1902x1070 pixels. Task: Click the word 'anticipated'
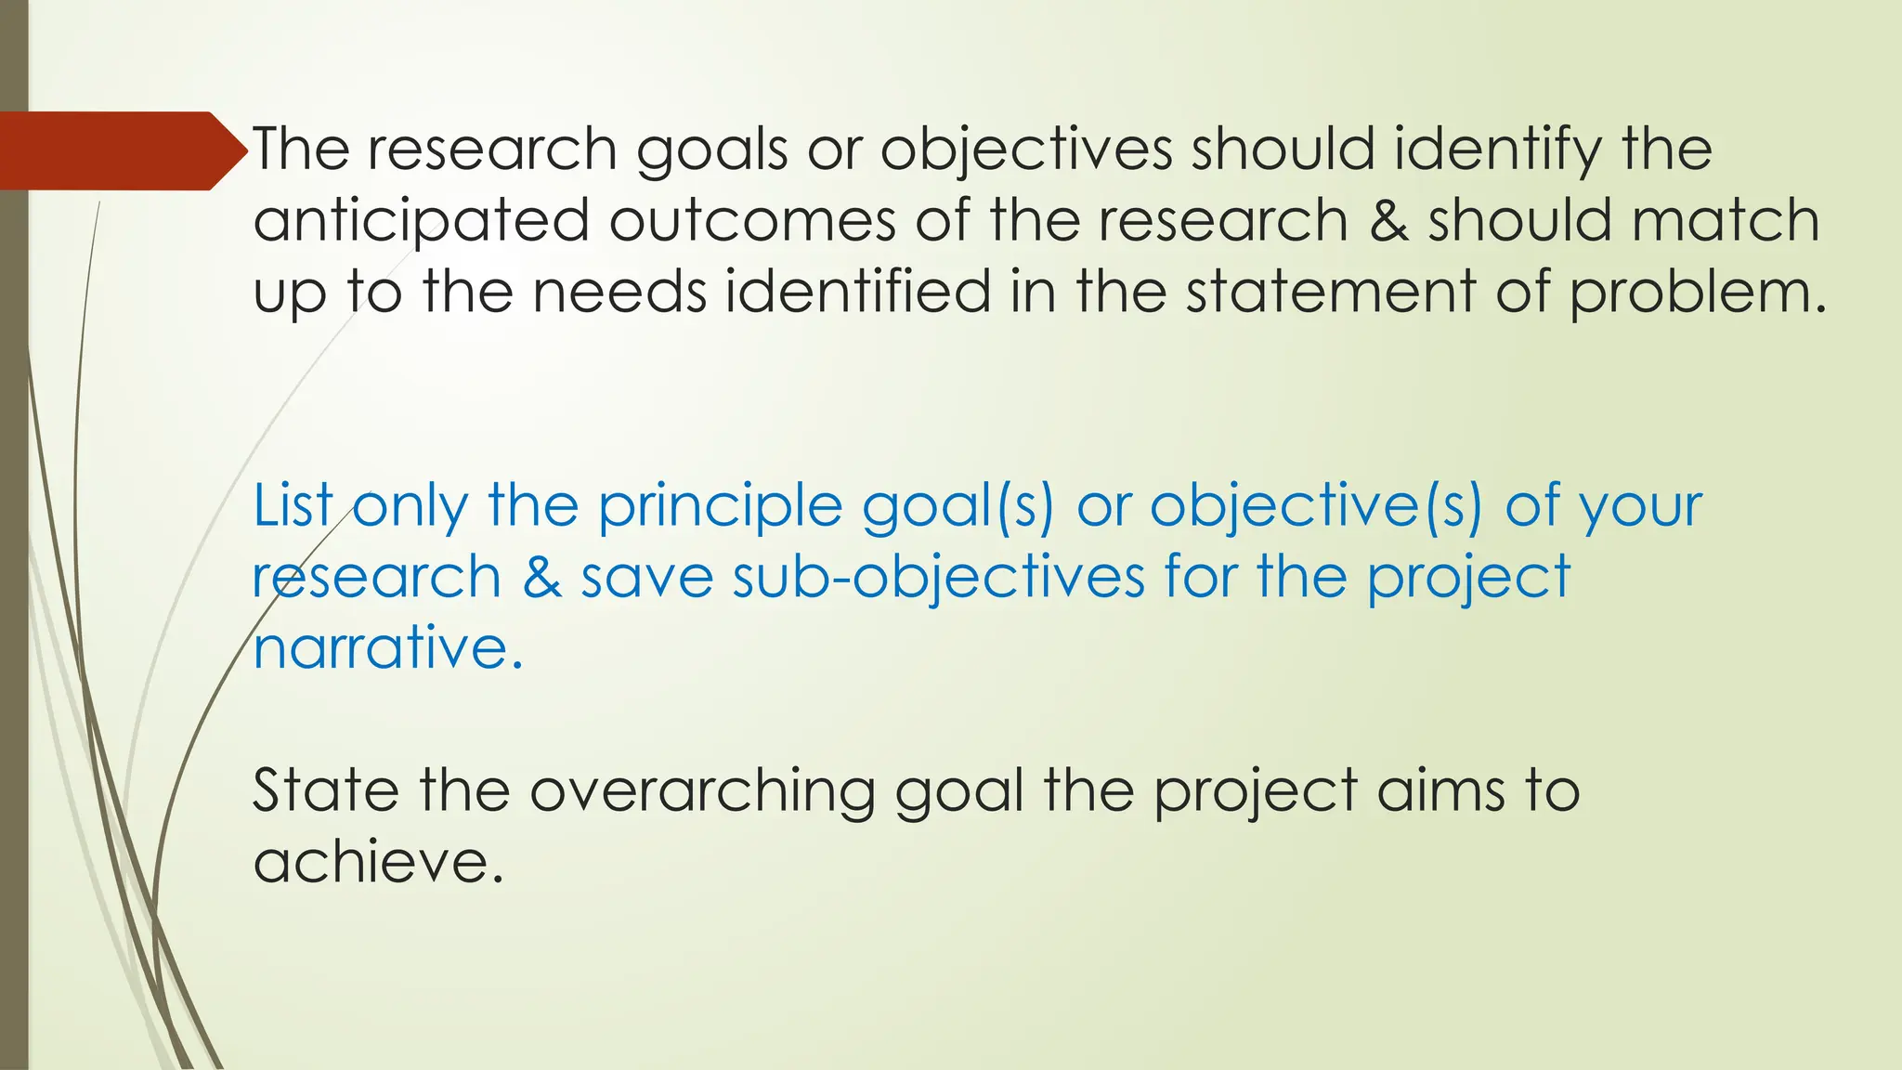[422, 221]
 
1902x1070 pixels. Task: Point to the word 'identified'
[858, 292]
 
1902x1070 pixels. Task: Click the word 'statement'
[1330, 292]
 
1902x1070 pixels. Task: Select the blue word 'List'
[293, 506]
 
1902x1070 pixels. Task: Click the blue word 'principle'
[719, 508]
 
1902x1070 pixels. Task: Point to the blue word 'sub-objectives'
[938, 578]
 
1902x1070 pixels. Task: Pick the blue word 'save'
[646, 578]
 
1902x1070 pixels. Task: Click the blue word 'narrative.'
[388, 647]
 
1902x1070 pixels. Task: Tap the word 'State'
[325, 790]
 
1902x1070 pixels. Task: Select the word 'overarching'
[702, 792]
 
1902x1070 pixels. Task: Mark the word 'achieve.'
[379, 862]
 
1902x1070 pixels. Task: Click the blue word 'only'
[410, 508]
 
